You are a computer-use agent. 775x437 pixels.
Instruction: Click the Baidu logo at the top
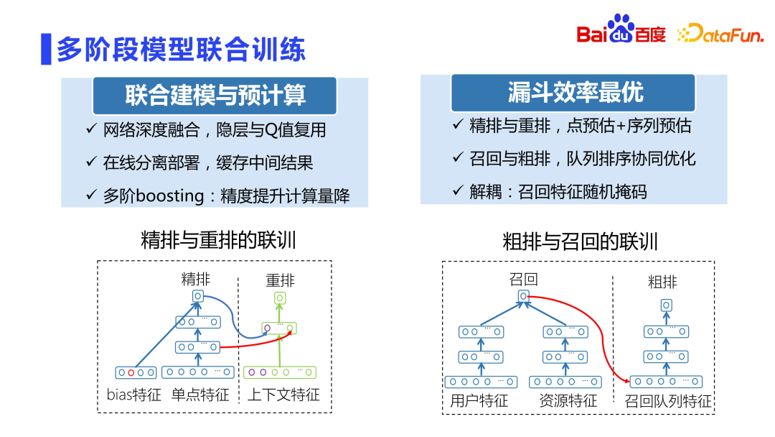[x=621, y=32]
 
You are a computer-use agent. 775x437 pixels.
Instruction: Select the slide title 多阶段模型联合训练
[x=181, y=48]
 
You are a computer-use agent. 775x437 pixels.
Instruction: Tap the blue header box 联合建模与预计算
[x=215, y=95]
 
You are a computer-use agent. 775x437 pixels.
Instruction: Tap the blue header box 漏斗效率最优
[x=573, y=92]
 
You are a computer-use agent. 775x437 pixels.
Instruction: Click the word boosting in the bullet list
[x=169, y=195]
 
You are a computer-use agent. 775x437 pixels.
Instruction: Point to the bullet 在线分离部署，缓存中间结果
[x=208, y=162]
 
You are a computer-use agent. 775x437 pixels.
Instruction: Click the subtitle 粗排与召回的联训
[x=580, y=241]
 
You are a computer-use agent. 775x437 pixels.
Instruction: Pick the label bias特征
[x=133, y=395]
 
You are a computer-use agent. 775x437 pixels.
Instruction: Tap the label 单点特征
[x=199, y=395]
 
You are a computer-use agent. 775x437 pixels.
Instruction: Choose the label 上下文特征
[x=283, y=395]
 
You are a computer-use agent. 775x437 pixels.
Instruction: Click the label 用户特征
[x=479, y=401]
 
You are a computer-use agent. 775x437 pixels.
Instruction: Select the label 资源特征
[x=568, y=401]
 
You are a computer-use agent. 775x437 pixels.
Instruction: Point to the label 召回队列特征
[x=667, y=401]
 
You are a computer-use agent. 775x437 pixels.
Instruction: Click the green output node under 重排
[x=280, y=298]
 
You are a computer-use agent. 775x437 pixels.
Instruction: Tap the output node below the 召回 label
[x=524, y=296]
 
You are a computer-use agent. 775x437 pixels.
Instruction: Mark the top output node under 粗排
[x=666, y=305]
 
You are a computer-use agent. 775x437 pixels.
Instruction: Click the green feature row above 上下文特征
[x=280, y=372]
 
